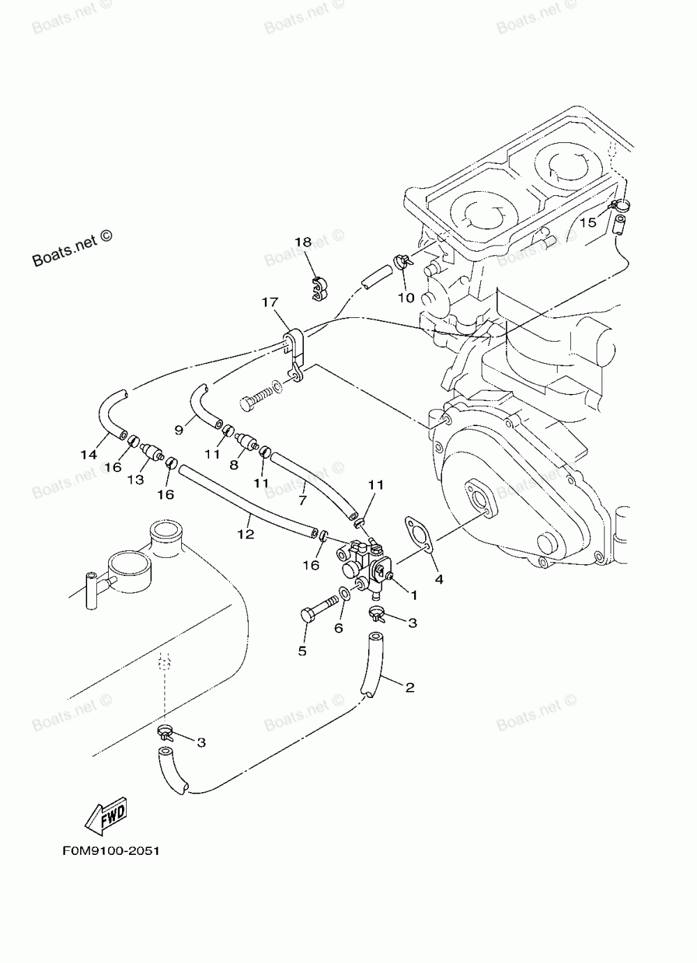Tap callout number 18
[303, 242]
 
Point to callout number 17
[270, 302]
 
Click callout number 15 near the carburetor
[588, 222]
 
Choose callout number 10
[406, 298]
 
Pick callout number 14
[89, 454]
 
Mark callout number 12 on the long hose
[246, 534]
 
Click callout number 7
[302, 501]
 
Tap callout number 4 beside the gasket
[438, 579]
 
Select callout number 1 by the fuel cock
[414, 595]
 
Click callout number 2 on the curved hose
[410, 688]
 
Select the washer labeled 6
[344, 594]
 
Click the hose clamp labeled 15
[619, 205]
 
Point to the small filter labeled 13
[151, 451]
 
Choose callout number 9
[178, 429]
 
